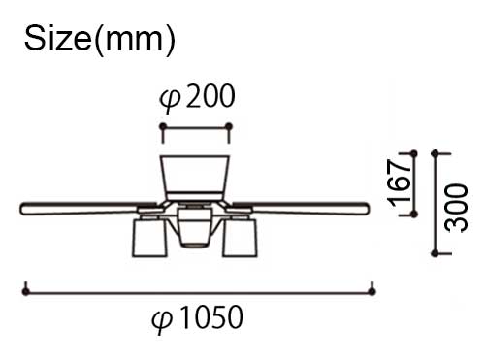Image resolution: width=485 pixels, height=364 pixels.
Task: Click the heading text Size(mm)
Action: point(100,40)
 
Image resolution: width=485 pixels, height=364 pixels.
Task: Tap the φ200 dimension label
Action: point(197,96)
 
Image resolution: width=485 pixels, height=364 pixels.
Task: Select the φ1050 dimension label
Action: point(198,317)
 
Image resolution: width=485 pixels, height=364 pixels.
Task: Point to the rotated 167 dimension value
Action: point(400,183)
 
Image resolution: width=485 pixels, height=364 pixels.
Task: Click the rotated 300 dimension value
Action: point(456,208)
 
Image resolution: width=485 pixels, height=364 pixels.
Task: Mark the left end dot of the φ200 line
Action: point(163,126)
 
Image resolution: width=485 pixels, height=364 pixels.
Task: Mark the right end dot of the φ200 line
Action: point(229,126)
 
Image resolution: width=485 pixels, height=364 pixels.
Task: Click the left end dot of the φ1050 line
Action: point(26,291)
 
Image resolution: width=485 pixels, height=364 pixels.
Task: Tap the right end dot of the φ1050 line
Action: point(372,291)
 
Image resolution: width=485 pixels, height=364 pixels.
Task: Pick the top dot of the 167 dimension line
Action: point(413,153)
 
